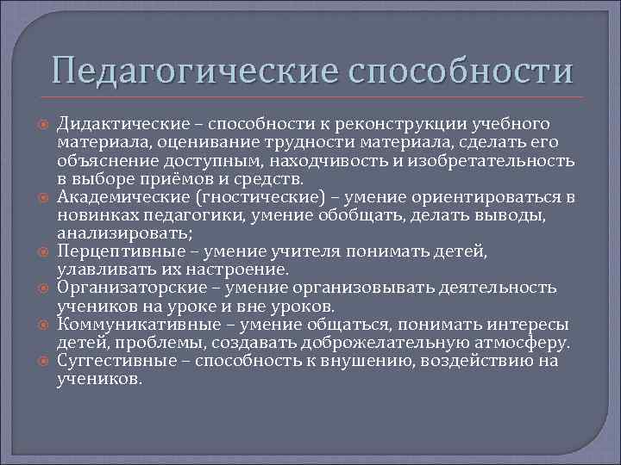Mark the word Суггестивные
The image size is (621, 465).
(110, 361)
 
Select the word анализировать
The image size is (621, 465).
(119, 232)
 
